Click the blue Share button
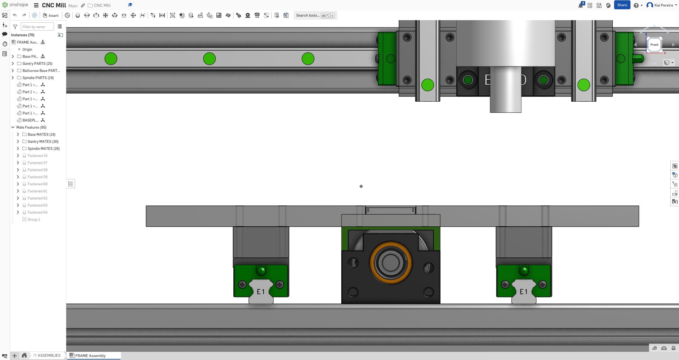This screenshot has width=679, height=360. tap(622, 5)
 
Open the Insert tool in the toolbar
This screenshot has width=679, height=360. tap(51, 16)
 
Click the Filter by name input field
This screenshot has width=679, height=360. tap(37, 27)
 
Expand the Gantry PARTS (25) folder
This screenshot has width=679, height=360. tap(13, 63)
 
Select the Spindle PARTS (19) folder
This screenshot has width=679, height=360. tap(38, 78)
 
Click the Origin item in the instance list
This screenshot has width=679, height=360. tap(27, 49)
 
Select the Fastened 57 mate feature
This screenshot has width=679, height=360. tap(37, 163)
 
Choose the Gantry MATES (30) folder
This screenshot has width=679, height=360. tap(43, 141)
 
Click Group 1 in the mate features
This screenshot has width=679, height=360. tap(34, 219)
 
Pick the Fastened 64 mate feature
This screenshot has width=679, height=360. tap(37, 212)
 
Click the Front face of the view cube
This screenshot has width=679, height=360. tap(654, 45)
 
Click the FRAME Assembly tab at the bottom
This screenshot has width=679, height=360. tap(90, 355)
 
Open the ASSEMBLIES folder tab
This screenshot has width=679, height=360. tap(49, 355)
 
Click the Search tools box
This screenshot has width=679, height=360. tap(308, 16)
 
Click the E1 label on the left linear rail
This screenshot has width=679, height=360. tap(261, 292)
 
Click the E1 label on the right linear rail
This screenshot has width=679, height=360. tap(523, 292)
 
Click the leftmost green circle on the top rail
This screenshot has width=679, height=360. tap(111, 59)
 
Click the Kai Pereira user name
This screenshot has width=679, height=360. tap(663, 5)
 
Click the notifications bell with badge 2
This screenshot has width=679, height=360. tap(580, 5)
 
